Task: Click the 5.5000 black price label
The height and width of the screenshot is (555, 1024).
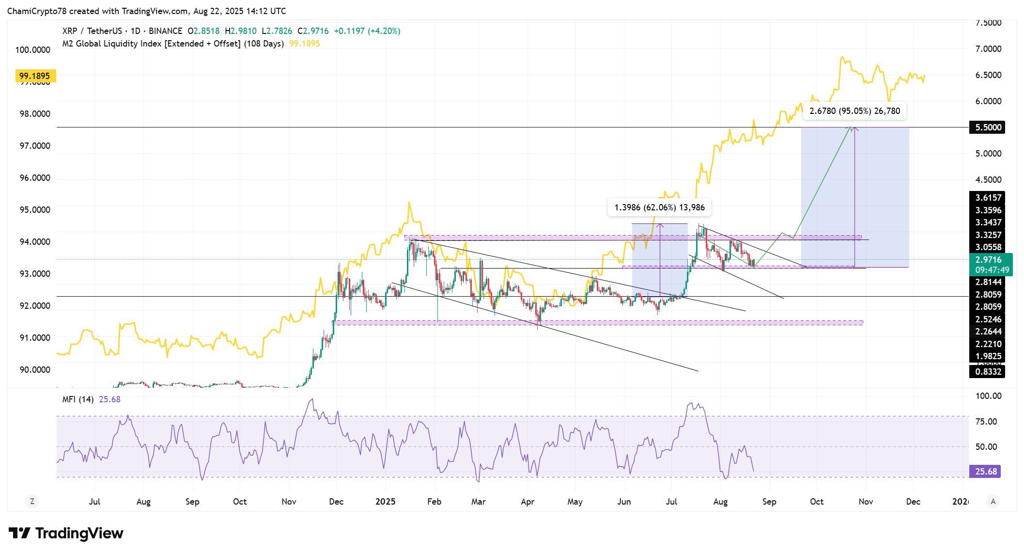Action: point(987,127)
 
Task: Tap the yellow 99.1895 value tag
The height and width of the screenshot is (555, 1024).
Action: point(35,76)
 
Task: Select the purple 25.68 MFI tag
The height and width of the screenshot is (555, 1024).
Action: point(985,471)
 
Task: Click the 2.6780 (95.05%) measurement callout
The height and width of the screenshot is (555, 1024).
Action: point(854,111)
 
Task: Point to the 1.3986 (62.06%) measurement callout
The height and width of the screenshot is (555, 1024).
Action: point(659,207)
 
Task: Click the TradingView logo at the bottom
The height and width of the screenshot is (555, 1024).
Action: point(66,533)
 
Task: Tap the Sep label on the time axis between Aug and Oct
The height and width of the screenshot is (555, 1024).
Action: point(192,502)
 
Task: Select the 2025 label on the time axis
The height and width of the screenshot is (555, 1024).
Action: point(385,502)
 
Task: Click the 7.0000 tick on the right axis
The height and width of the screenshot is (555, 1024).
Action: point(988,49)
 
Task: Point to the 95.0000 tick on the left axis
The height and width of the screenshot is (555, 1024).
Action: point(35,210)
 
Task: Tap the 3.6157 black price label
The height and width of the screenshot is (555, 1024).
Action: point(988,197)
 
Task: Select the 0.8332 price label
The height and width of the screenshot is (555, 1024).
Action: point(988,372)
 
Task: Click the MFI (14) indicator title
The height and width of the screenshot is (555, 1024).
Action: point(78,399)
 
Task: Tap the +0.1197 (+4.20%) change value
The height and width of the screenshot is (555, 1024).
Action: point(367,31)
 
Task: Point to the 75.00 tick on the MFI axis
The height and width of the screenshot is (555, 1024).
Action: point(986,422)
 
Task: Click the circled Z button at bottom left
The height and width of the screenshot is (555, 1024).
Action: point(32,502)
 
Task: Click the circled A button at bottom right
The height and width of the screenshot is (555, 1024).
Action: point(993,502)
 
